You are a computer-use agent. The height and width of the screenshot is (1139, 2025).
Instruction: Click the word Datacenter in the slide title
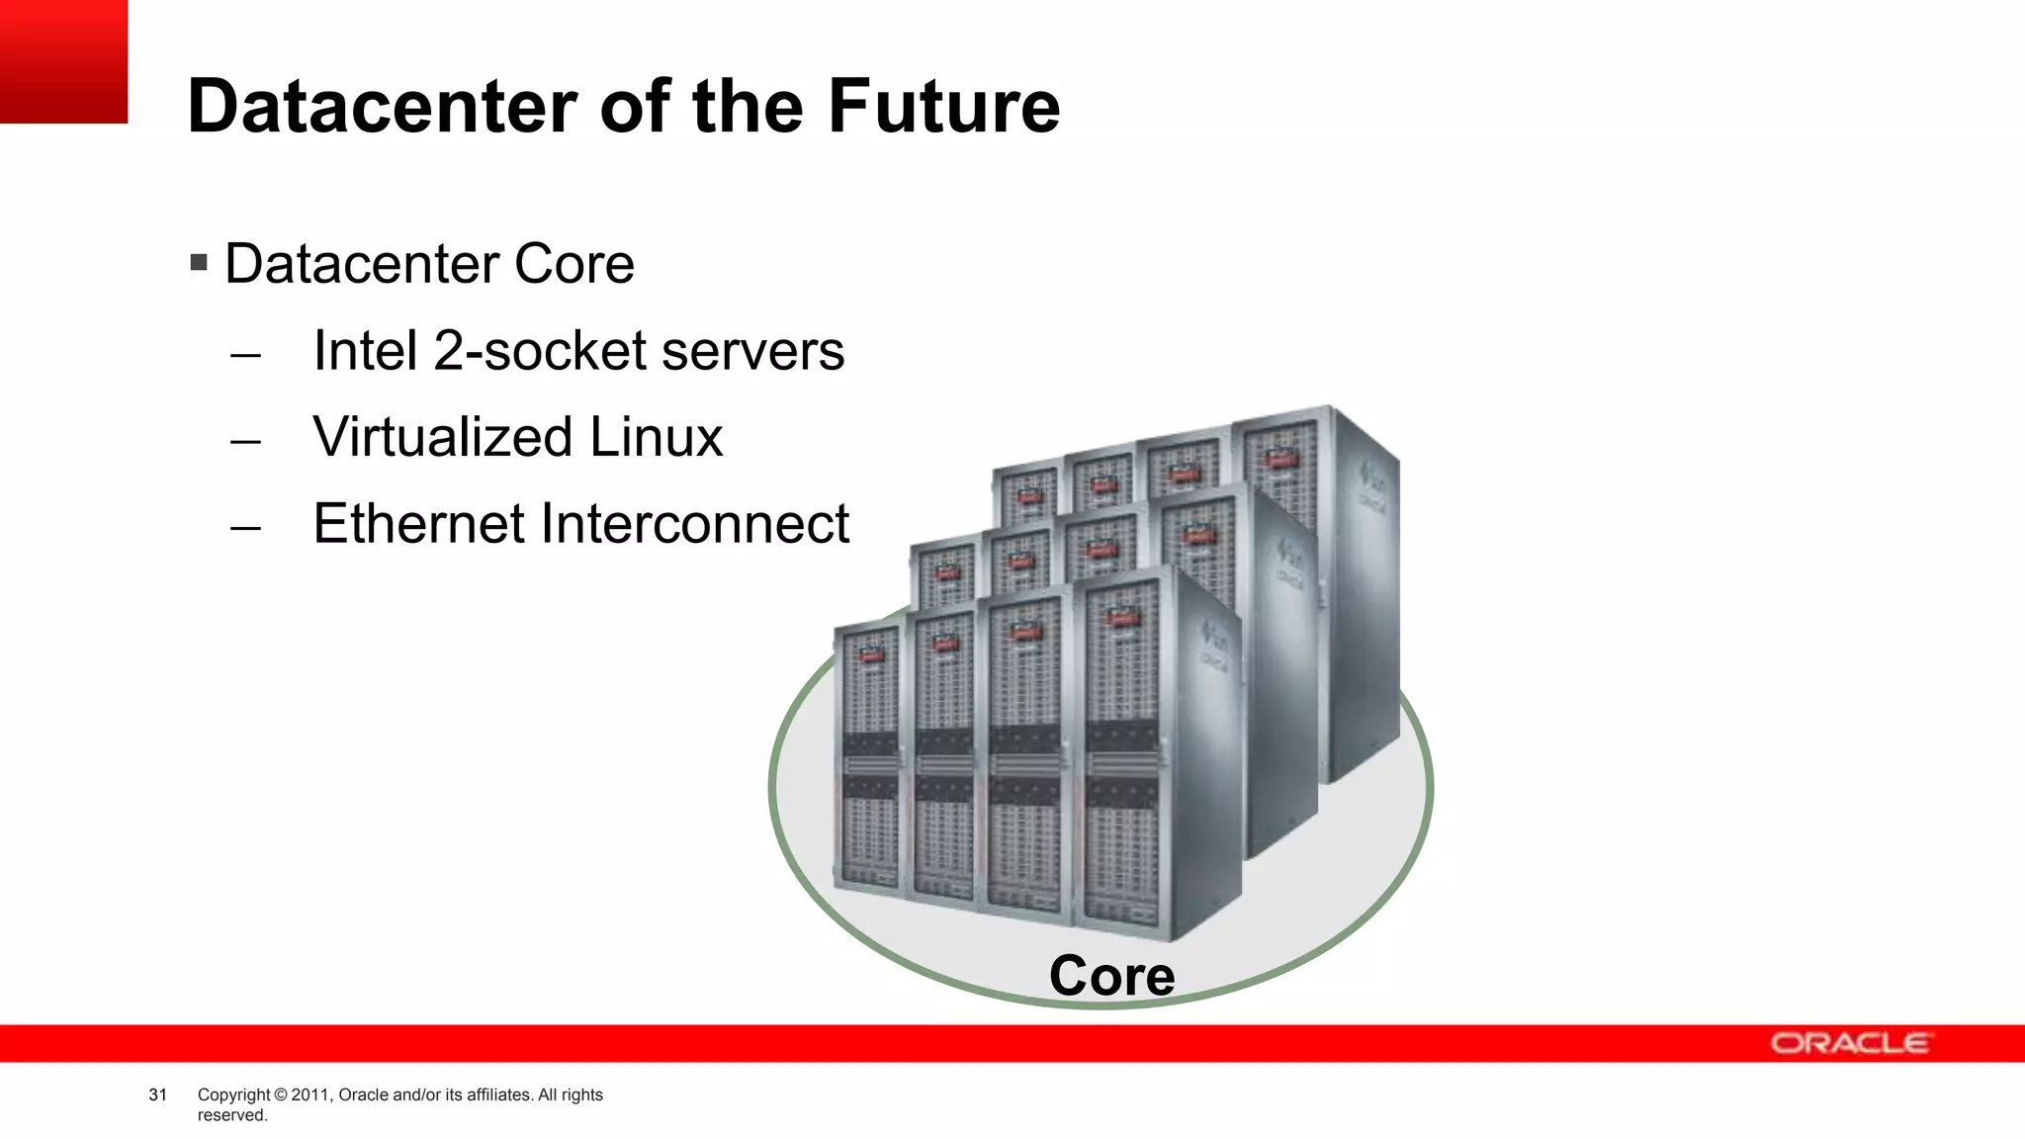click(x=383, y=106)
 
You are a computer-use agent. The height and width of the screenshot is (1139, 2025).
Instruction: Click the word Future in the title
click(x=943, y=106)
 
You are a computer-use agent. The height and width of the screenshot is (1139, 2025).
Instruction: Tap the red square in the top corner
click(x=63, y=61)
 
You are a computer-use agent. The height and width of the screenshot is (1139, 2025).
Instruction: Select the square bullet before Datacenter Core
click(x=199, y=263)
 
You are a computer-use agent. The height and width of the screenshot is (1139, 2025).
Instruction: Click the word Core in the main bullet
click(x=573, y=264)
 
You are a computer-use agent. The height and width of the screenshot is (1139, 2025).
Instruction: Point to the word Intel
click(x=365, y=351)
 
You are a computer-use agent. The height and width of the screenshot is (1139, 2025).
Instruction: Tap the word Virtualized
click(x=442, y=437)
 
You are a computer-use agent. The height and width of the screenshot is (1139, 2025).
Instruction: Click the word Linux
click(x=656, y=437)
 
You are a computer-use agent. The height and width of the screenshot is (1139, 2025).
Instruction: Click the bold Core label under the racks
click(x=1111, y=976)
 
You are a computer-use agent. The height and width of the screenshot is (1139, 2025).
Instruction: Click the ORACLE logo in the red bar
click(x=1848, y=1044)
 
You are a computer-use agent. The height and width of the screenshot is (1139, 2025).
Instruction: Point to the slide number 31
click(x=157, y=1095)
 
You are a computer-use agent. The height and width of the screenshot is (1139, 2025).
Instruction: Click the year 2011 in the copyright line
click(x=309, y=1095)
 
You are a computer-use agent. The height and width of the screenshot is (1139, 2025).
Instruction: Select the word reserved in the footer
click(x=231, y=1115)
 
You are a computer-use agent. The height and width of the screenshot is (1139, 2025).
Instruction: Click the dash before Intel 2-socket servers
click(x=245, y=355)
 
